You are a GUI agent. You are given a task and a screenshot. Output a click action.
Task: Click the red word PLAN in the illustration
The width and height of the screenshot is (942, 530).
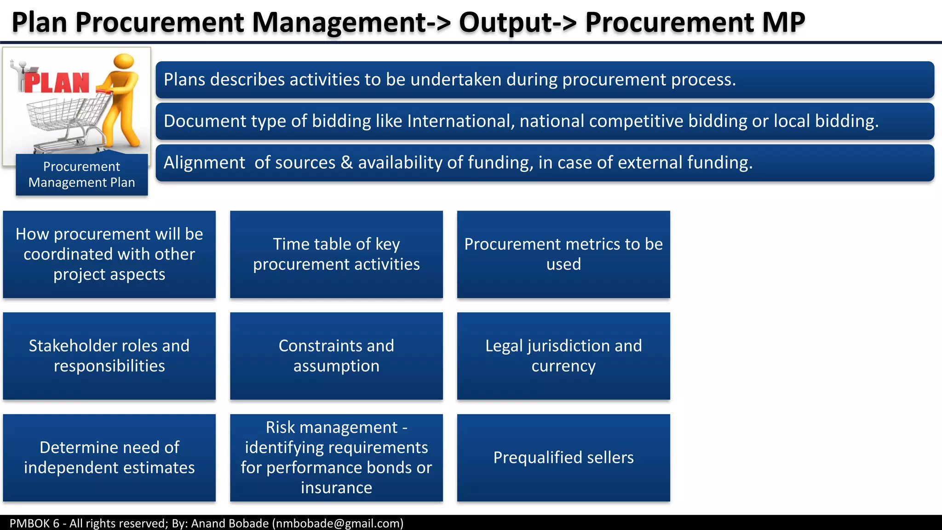pyautogui.click(x=57, y=83)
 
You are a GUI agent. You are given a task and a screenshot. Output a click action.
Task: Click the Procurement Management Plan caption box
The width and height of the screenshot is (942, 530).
pyautogui.click(x=82, y=174)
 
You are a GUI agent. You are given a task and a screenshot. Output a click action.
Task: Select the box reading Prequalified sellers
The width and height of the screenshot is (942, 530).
pyautogui.click(x=563, y=457)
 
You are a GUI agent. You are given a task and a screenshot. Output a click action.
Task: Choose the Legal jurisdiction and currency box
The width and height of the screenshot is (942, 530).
pyautogui.click(x=563, y=356)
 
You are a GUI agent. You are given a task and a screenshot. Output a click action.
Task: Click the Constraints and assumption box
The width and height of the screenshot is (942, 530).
pyautogui.click(x=336, y=356)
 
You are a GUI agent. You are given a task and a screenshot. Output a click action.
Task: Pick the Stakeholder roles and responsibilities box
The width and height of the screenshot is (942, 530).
pyautogui.click(x=109, y=356)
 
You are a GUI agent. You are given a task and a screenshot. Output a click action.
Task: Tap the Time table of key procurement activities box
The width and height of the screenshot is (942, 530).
pyautogui.click(x=336, y=254)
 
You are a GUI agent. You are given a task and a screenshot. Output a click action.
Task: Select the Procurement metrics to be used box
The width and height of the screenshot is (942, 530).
pyautogui.click(x=563, y=254)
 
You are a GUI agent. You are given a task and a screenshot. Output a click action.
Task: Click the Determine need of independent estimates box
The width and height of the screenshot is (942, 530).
pyautogui.click(x=109, y=457)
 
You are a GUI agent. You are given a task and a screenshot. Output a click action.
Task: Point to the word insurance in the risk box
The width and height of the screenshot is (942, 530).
pyautogui.click(x=336, y=488)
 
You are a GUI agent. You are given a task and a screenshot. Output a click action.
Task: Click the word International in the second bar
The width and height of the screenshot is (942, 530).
pyautogui.click(x=460, y=121)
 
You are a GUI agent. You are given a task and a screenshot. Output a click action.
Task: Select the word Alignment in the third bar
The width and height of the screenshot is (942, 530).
pyautogui.click(x=204, y=163)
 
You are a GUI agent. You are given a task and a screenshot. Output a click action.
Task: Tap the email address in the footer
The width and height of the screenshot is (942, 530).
pyautogui.click(x=338, y=524)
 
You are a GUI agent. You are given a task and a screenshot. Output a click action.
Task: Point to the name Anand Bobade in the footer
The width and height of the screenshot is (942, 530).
pyautogui.click(x=230, y=524)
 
